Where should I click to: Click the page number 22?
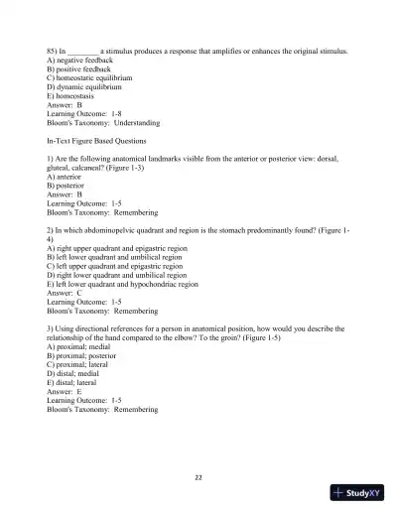[x=198, y=477]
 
